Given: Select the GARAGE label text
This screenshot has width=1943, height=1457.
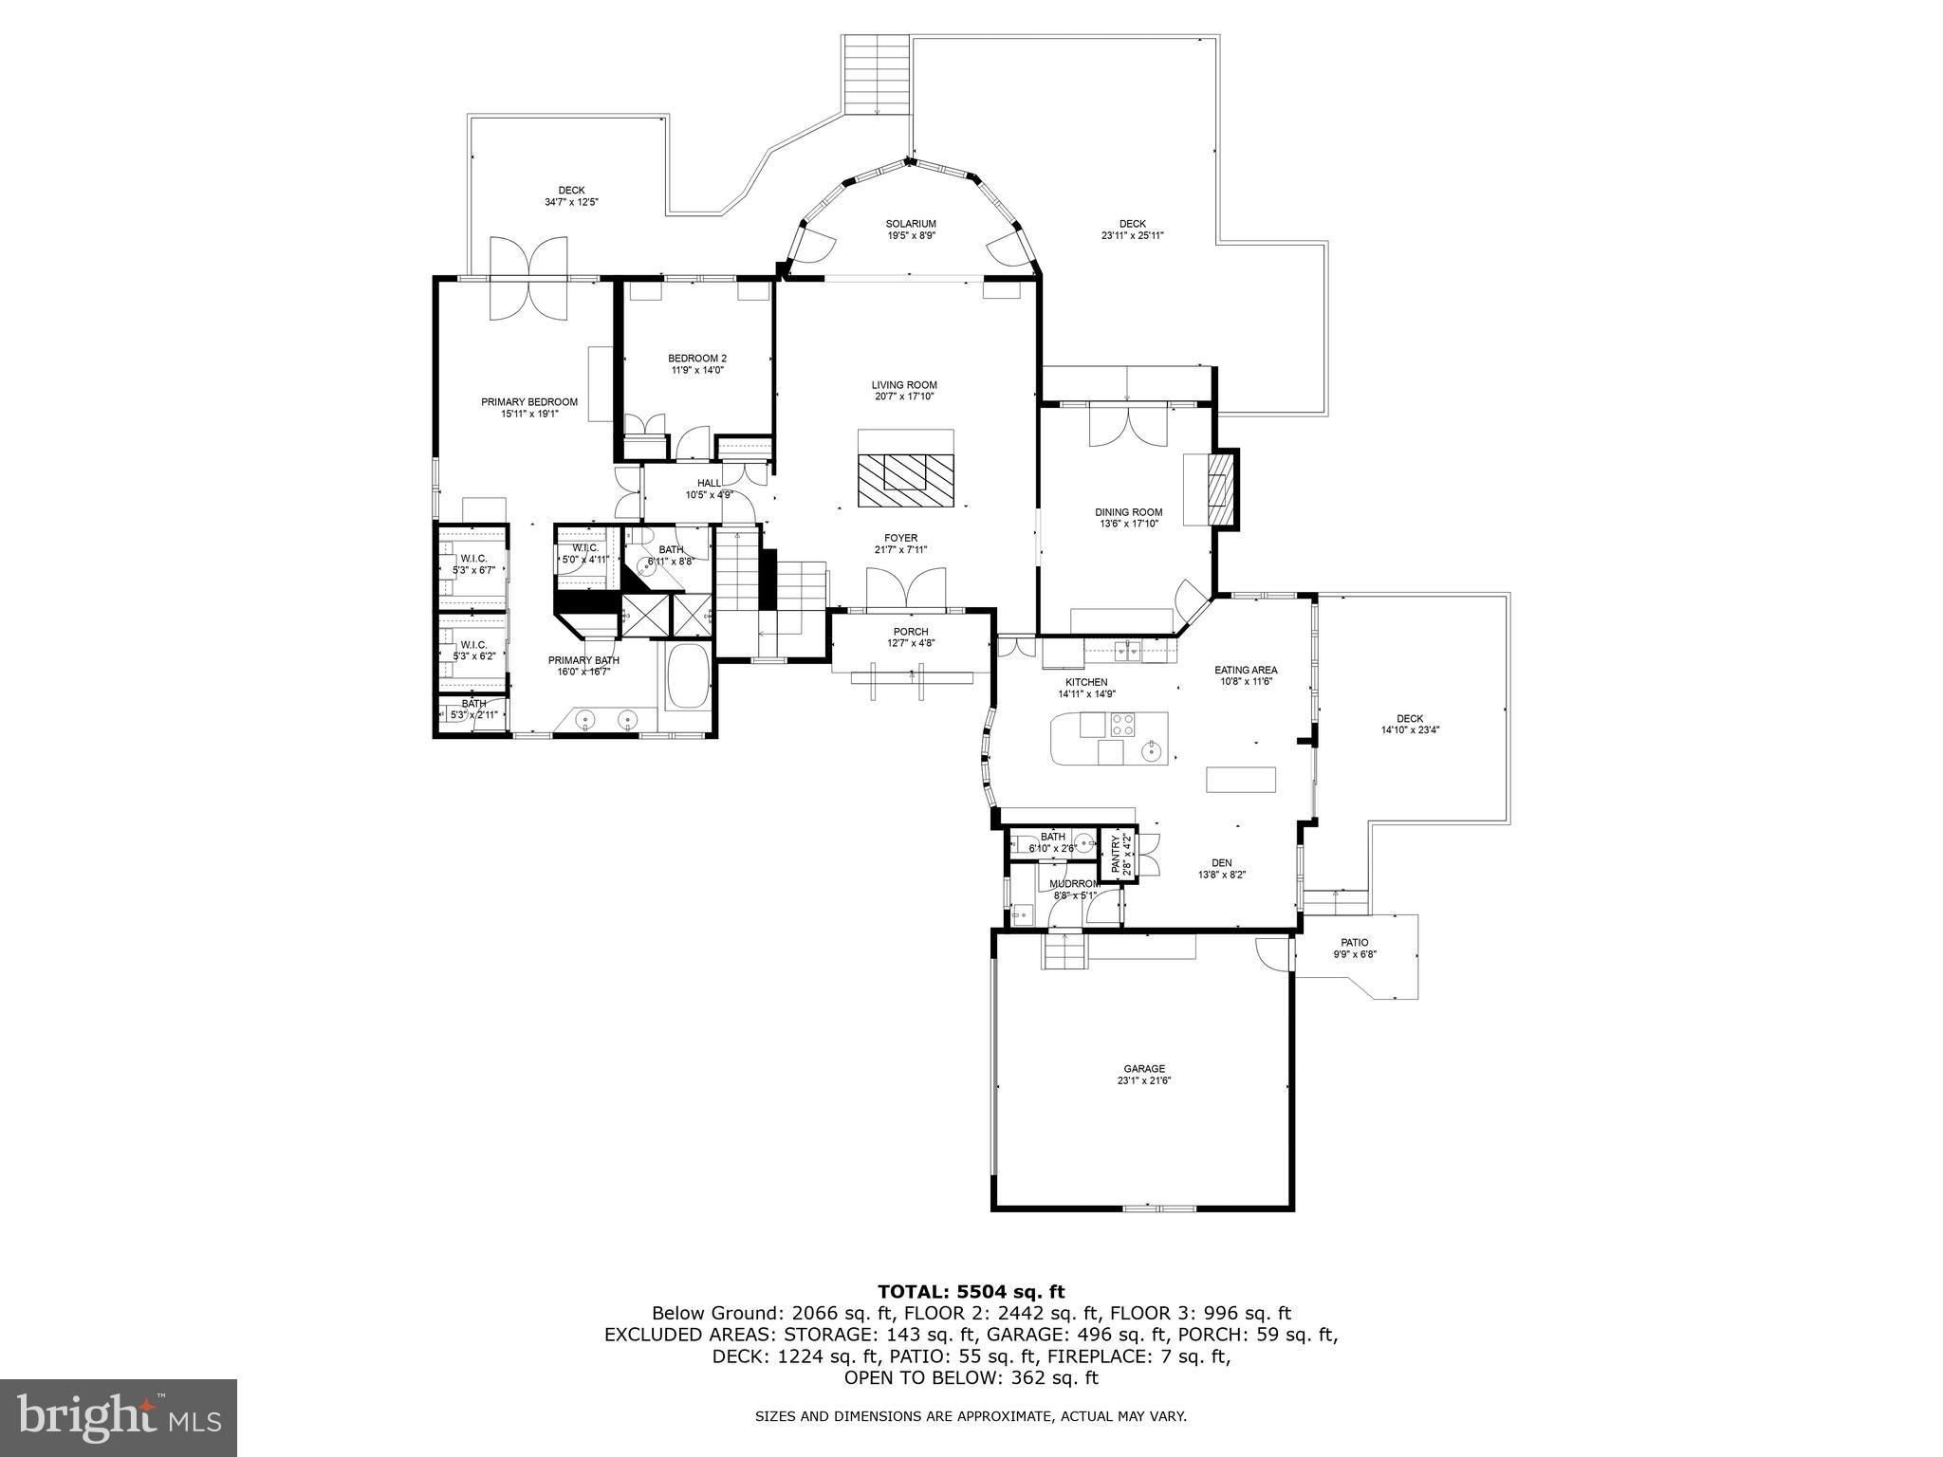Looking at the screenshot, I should [1144, 1068].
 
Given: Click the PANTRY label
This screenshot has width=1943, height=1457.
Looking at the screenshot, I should [1116, 853].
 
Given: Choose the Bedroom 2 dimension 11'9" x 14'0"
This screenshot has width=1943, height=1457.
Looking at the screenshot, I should [696, 370].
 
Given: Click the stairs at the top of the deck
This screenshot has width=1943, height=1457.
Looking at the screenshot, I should [876, 75].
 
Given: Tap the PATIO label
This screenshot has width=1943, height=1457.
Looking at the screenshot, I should [1354, 942].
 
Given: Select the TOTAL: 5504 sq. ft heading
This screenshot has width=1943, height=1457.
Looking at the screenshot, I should [971, 1291].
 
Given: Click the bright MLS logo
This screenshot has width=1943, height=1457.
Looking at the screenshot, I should [119, 1417].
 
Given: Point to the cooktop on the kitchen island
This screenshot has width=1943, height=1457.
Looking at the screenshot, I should [1123, 725].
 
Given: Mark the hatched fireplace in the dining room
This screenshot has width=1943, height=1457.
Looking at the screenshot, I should [1222, 489].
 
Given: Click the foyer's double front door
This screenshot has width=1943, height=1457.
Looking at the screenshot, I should [906, 587].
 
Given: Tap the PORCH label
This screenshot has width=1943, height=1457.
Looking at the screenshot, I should [910, 632].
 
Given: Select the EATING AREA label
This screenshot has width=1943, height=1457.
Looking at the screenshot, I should [1246, 670].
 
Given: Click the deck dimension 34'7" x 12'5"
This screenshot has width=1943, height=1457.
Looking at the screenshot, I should [571, 202].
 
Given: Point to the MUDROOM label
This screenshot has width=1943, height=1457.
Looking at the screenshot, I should [1074, 883].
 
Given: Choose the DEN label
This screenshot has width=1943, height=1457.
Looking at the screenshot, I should [1221, 862].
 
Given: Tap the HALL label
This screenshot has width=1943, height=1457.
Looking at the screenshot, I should [709, 483].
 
